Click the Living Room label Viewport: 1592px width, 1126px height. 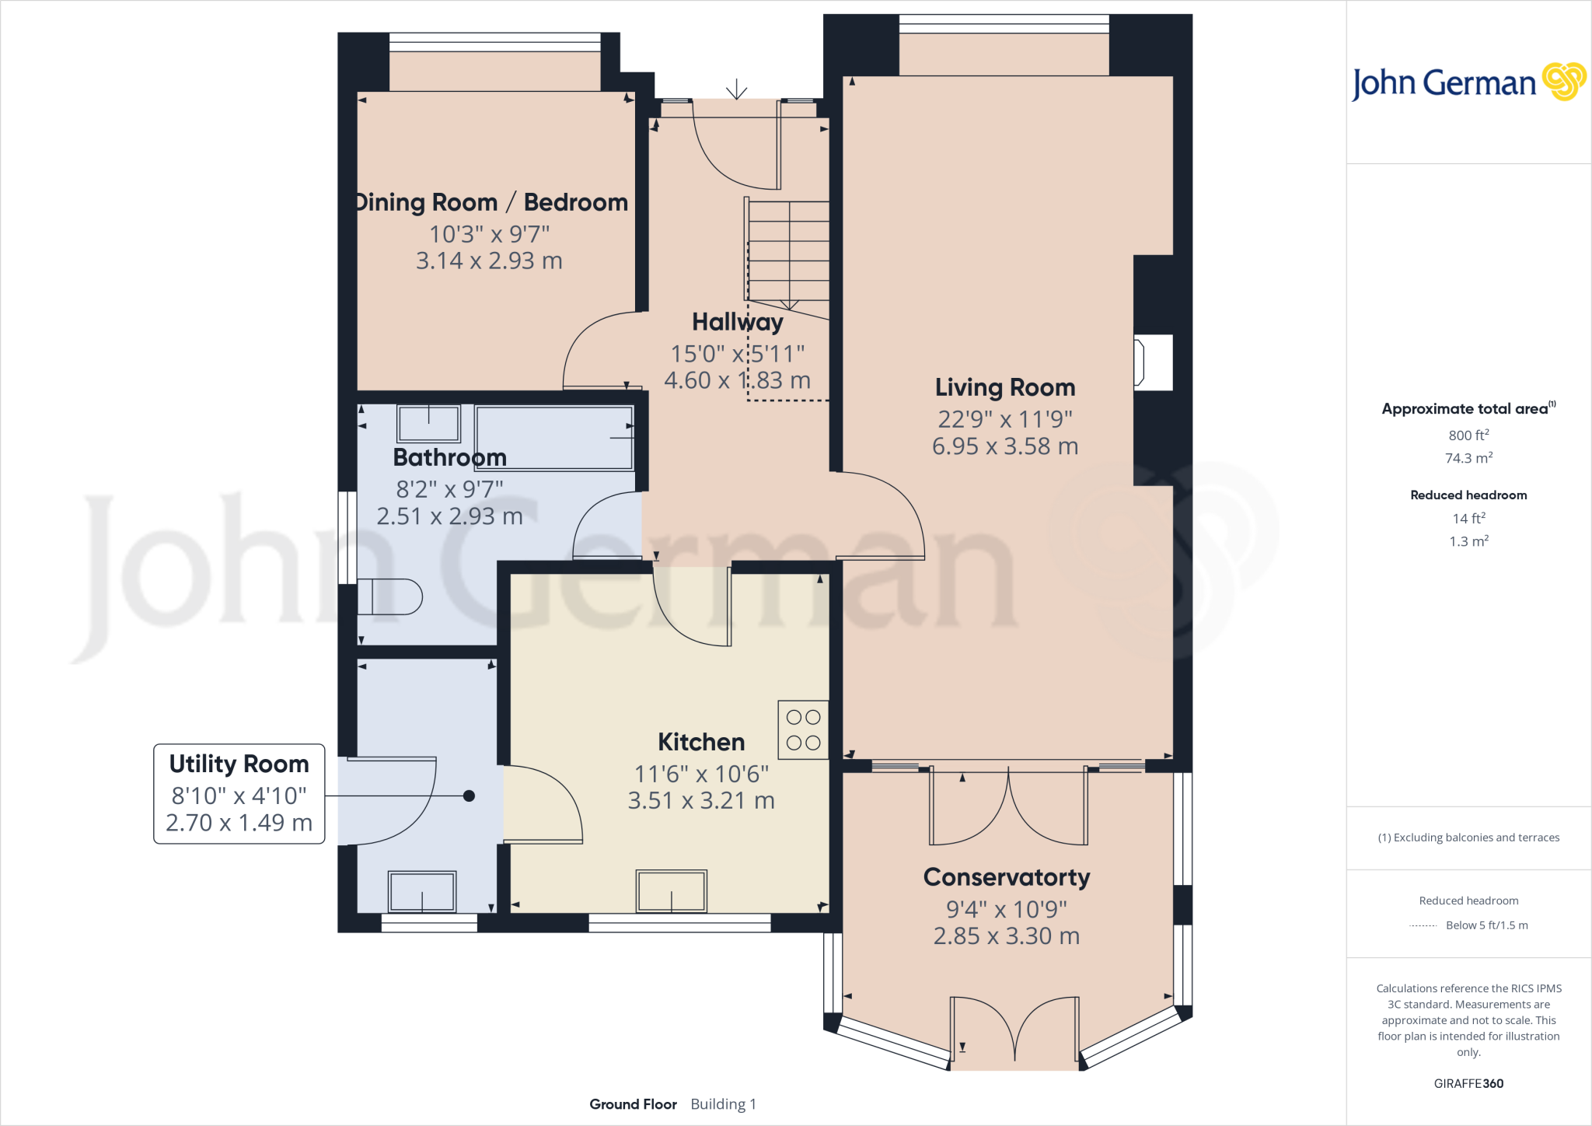coord(1004,387)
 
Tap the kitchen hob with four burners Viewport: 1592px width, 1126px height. coord(803,730)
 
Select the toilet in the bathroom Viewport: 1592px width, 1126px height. coord(392,597)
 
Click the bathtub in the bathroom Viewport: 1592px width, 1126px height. coord(554,438)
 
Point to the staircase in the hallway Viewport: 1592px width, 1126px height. coord(788,250)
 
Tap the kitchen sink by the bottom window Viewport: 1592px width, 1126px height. coord(672,890)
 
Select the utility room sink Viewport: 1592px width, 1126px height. coord(422,891)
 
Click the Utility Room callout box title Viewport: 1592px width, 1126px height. coord(239,764)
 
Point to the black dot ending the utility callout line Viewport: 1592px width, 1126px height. coord(469,796)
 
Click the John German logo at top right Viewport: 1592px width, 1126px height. coord(1468,82)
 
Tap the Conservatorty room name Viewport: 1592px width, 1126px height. coord(1006,877)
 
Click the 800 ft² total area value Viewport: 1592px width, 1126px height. coord(1468,435)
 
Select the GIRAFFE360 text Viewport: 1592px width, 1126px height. coord(1468,1083)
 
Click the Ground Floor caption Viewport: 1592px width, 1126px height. coord(633,1104)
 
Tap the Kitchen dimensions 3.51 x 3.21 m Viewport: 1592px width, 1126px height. coord(701,801)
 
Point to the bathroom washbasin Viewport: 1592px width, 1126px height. coord(428,424)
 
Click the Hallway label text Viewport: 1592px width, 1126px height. coord(737,322)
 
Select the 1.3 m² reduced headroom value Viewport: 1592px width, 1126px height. coord(1468,541)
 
